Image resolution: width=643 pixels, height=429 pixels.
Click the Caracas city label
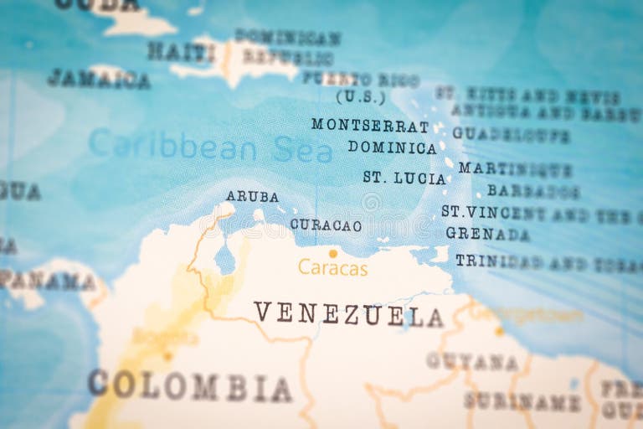[x=332, y=268]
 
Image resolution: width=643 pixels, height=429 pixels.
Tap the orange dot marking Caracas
[x=332, y=253]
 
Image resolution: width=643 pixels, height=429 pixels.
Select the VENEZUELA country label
[x=348, y=314]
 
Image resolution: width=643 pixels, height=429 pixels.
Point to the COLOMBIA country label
[x=190, y=385]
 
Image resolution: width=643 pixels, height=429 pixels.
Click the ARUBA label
[x=252, y=196]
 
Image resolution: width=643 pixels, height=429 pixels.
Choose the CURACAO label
[x=326, y=225]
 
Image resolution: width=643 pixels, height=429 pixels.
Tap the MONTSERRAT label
[x=370, y=125]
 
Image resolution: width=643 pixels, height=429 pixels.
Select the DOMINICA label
[x=393, y=147]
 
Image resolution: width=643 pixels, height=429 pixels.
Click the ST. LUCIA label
[x=404, y=178]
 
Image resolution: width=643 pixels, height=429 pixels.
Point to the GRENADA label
[x=487, y=234]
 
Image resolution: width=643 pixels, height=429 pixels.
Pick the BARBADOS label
[x=533, y=191]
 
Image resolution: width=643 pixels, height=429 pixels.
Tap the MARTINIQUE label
[x=515, y=168]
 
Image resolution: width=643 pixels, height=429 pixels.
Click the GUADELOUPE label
[x=511, y=134]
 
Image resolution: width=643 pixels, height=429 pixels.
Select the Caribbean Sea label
[x=210, y=146]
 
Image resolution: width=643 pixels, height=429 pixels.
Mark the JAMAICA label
[x=99, y=80]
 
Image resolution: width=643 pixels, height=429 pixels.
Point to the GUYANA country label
[x=471, y=361]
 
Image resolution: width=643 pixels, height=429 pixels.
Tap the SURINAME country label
[x=522, y=401]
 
